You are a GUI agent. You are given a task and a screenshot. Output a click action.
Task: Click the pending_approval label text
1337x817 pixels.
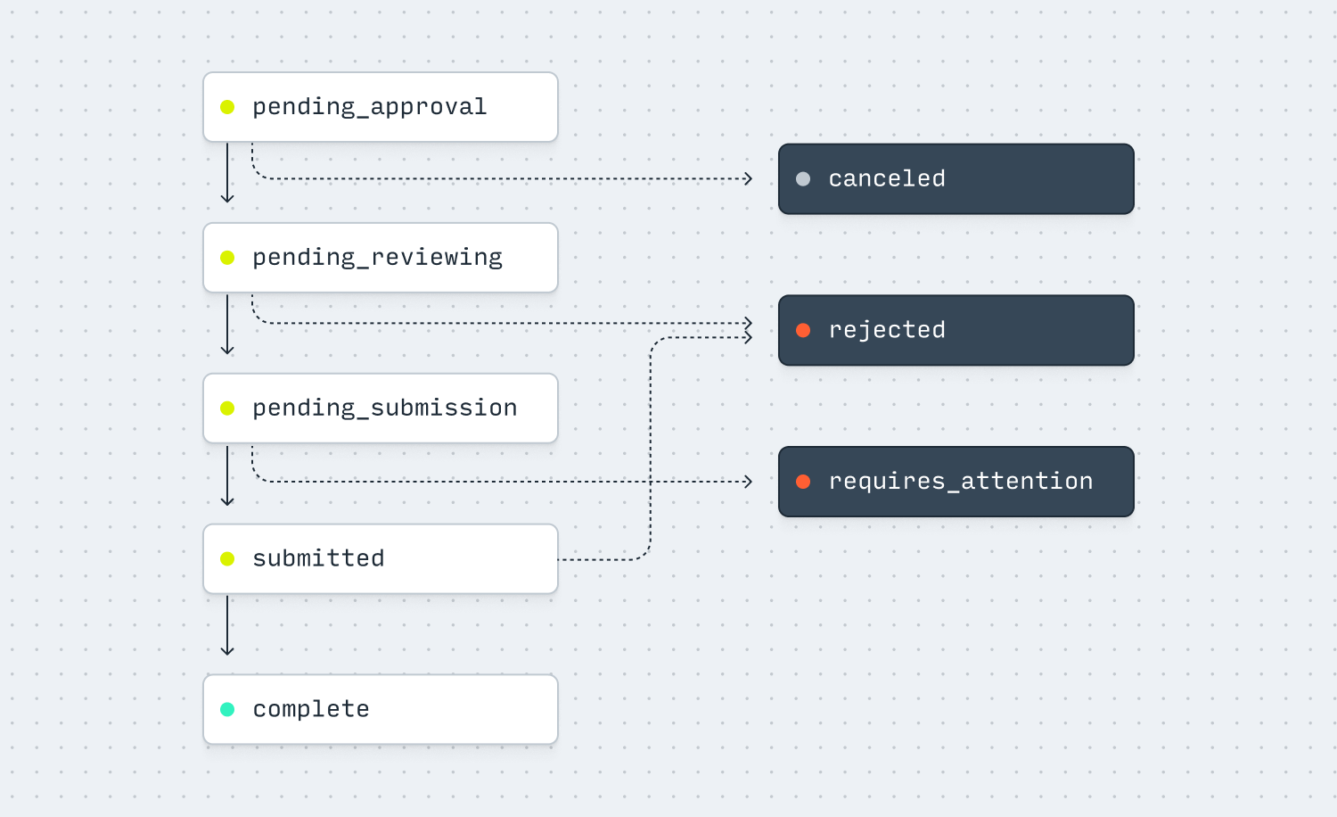(x=369, y=107)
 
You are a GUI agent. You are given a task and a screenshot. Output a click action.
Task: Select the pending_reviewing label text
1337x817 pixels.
(x=377, y=258)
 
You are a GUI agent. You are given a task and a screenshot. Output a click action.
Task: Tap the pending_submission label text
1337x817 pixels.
(x=384, y=408)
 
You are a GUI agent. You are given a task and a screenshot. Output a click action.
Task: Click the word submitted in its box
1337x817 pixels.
(x=318, y=558)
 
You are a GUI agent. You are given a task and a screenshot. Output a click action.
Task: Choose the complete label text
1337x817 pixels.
(x=310, y=709)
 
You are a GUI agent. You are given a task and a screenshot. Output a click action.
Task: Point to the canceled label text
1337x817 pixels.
(x=886, y=179)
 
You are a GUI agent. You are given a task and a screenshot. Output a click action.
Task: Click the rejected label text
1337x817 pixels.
(x=886, y=330)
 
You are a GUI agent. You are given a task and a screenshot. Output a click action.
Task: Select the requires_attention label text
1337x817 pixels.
(x=960, y=482)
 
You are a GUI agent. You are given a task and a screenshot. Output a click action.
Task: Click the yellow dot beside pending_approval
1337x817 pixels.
(x=227, y=107)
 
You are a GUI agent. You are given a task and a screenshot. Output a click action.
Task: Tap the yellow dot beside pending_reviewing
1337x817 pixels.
(x=227, y=258)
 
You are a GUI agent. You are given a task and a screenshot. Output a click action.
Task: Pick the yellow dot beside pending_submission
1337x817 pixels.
(x=227, y=408)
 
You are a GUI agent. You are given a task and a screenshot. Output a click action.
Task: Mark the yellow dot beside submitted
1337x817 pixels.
(x=227, y=559)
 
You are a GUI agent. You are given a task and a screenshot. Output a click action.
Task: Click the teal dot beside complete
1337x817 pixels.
(x=227, y=710)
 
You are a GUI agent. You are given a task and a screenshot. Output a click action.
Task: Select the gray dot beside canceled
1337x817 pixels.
(x=803, y=179)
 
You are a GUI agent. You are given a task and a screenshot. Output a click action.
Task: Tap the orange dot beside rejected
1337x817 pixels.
(x=803, y=330)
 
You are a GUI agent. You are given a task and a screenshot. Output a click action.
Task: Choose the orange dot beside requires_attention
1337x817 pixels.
(x=803, y=482)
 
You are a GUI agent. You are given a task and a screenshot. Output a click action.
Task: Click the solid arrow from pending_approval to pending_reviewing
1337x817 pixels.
(x=227, y=174)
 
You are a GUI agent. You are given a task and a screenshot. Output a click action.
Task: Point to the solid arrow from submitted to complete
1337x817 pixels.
(x=227, y=626)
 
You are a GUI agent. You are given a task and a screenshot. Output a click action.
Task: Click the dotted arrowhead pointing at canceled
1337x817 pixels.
(x=748, y=179)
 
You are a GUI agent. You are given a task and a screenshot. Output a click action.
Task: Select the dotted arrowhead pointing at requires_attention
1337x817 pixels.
(x=748, y=482)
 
